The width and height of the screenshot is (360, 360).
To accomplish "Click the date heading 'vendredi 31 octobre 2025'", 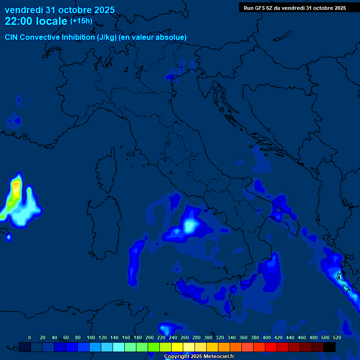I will click(x=60, y=10).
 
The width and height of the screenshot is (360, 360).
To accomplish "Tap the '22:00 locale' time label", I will click(x=36, y=21).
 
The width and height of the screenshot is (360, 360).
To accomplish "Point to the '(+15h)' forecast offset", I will click(x=81, y=21).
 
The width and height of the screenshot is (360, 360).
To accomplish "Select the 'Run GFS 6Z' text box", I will click(x=295, y=7).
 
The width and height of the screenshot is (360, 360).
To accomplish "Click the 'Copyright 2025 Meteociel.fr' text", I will click(x=199, y=356).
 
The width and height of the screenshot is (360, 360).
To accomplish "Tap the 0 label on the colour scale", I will click(x=30, y=337).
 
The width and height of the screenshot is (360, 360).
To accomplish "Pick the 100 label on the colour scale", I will click(x=91, y=337).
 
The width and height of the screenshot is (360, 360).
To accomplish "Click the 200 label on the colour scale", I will click(x=150, y=337).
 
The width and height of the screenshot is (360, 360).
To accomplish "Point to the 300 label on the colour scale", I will click(x=208, y=337).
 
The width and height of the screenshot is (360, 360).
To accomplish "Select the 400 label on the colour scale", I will click(x=267, y=337).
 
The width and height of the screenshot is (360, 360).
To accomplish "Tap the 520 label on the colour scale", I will click(x=337, y=337).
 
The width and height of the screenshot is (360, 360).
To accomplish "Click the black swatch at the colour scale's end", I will click(x=330, y=347).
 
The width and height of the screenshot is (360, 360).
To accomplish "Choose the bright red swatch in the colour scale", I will click(x=271, y=347).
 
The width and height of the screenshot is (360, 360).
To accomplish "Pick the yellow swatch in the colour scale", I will click(x=177, y=347).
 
